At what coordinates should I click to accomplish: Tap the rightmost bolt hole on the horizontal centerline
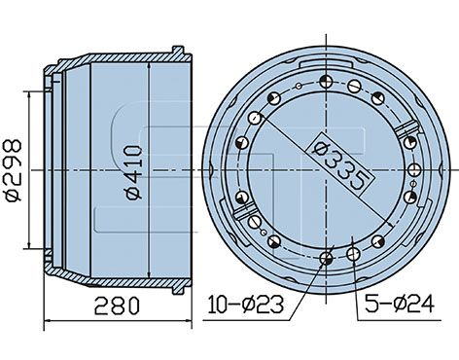(x=413, y=170)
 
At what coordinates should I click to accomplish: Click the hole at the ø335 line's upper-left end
(x=257, y=118)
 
